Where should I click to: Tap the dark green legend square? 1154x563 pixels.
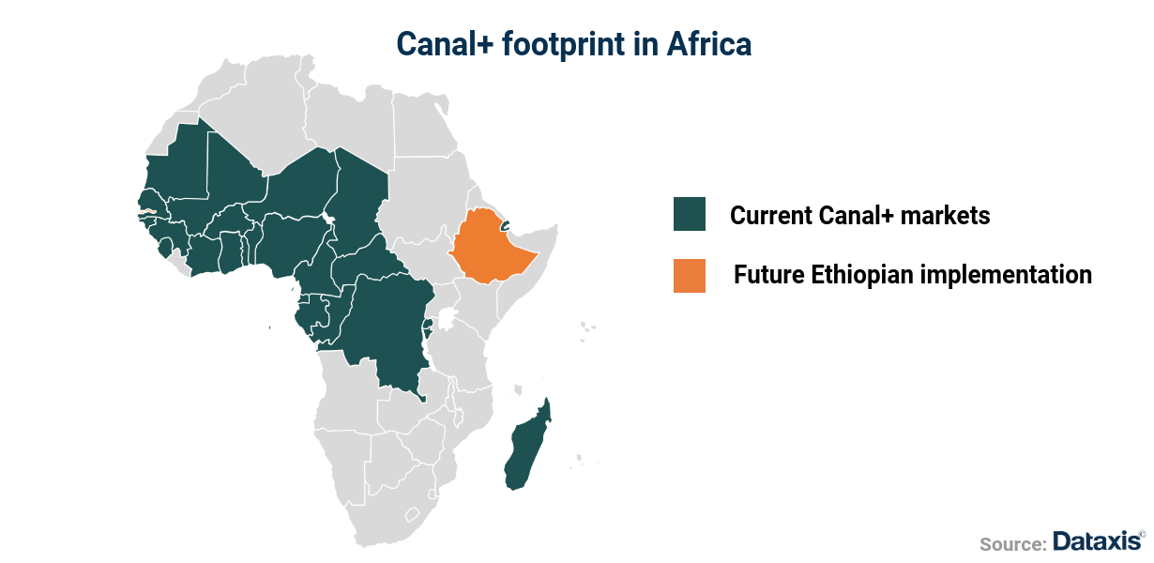click(689, 215)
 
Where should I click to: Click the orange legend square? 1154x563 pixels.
click(689, 276)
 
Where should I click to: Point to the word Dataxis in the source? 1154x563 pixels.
click(1096, 541)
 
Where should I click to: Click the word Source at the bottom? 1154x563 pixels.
click(1012, 544)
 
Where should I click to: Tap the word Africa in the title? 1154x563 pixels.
click(709, 44)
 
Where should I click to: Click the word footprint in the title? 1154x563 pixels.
click(554, 44)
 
